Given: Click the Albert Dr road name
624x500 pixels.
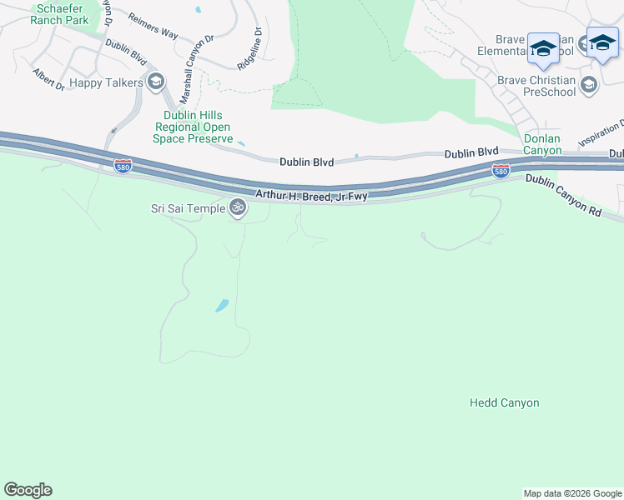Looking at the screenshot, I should [x=48, y=80].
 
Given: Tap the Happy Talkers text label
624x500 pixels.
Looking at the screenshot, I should [x=107, y=82].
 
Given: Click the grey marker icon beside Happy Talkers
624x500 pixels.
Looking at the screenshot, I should [x=155, y=82].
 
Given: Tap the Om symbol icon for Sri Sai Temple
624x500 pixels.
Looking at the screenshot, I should [x=238, y=207].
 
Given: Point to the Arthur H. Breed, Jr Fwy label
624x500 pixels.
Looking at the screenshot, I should [x=311, y=195].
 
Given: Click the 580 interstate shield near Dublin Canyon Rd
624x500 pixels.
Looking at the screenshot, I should [x=501, y=171].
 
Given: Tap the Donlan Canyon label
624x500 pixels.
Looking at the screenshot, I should [x=542, y=144].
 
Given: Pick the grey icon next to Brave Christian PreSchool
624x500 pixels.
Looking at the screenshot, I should [x=589, y=84].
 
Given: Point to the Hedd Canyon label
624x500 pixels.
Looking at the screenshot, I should [x=504, y=402].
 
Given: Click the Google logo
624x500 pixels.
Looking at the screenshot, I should [x=28, y=490].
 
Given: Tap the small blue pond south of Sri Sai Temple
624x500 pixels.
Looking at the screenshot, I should [x=222, y=305].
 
